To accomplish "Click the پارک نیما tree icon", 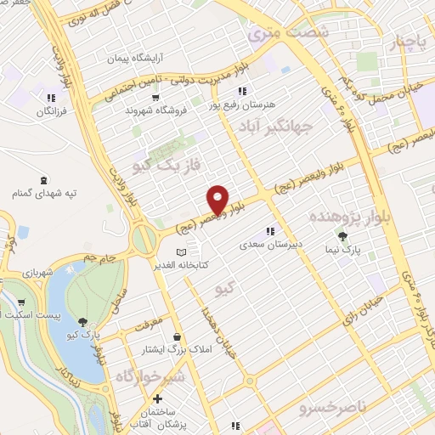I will point(342,237).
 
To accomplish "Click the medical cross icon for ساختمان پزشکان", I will point(156,398).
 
